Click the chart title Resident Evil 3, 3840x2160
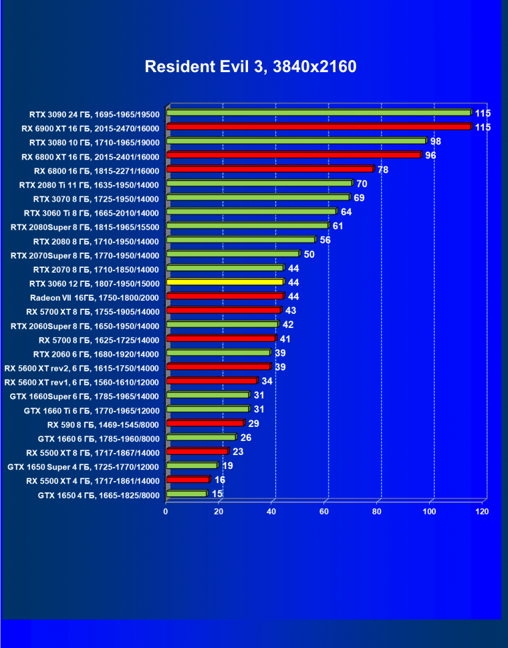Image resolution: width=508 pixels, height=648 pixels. (251, 67)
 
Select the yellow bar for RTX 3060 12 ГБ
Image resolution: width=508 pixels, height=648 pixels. (225, 283)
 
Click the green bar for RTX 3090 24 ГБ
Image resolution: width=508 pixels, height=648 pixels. (318, 113)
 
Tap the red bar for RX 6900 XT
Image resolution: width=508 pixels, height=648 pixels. (318, 127)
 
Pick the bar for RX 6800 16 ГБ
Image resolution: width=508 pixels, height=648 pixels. (269, 170)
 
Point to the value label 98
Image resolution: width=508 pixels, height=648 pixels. (435, 141)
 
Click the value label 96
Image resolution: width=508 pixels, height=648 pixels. (430, 156)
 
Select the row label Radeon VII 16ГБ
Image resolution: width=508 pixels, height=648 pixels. (94, 297)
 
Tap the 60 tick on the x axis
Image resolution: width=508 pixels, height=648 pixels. (325, 511)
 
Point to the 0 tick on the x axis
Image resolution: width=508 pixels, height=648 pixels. (166, 511)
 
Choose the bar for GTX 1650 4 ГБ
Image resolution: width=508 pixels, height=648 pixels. (186, 494)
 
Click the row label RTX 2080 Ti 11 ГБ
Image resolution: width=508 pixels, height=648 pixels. (89, 184)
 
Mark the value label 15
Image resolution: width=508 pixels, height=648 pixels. (217, 494)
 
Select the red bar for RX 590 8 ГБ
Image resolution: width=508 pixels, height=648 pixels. (205, 424)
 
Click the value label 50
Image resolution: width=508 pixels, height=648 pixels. (309, 255)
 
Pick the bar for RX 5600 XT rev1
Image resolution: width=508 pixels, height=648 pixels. (211, 381)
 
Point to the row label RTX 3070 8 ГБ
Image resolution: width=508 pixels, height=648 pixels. (96, 198)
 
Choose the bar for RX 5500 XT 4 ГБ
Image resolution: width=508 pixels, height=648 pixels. (188, 480)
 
